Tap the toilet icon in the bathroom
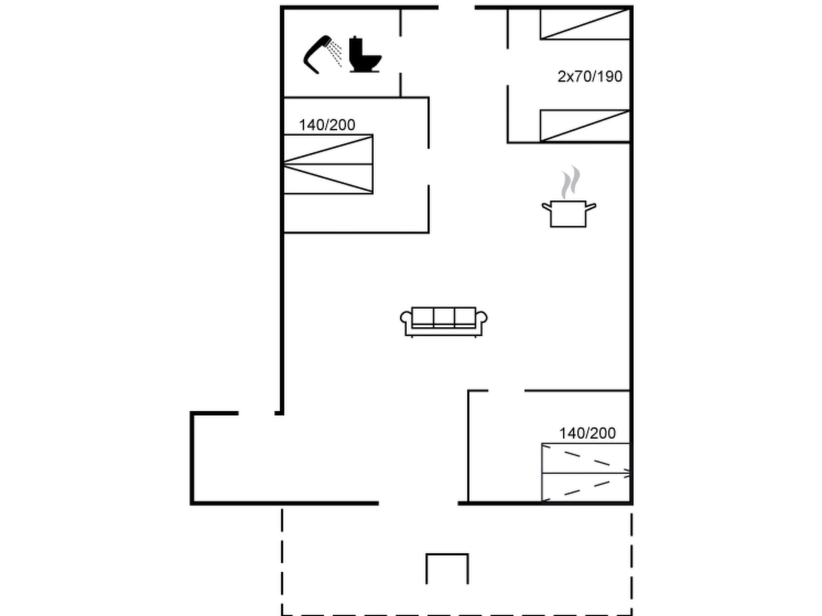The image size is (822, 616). click(x=364, y=55)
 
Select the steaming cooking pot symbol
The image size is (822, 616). click(x=569, y=197)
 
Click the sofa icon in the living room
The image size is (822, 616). click(x=444, y=322)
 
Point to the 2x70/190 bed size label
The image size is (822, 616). click(x=590, y=77)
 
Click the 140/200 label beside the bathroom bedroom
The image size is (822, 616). click(x=327, y=125)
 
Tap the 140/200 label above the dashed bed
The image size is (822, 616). click(x=587, y=433)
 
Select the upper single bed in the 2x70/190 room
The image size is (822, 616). click(x=585, y=24)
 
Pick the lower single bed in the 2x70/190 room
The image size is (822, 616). click(x=585, y=126)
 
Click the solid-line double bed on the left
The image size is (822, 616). click(x=328, y=164)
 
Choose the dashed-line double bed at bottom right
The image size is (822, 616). click(x=586, y=472)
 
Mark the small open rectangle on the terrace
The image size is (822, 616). click(x=447, y=555)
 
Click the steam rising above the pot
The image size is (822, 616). click(x=570, y=182)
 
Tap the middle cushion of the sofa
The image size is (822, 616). click(x=444, y=316)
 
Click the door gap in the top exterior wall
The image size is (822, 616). click(x=457, y=8)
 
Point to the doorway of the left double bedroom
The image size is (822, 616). click(x=429, y=167)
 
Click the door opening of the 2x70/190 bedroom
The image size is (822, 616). click(x=508, y=67)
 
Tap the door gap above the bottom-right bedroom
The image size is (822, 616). click(x=507, y=390)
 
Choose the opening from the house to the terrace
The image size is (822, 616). click(x=418, y=503)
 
